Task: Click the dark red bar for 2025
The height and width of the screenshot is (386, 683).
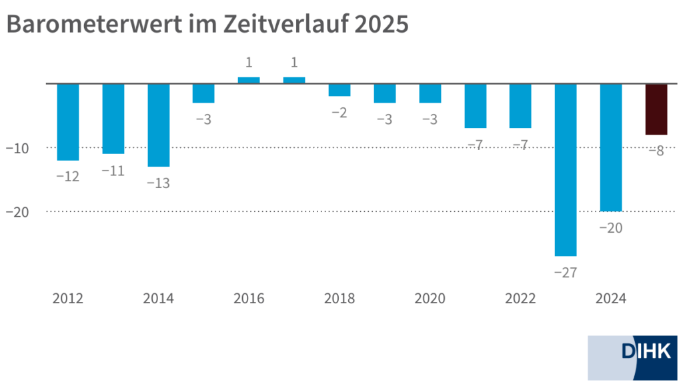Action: pos(656,109)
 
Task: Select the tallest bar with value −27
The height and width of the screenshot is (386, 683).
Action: pos(566,170)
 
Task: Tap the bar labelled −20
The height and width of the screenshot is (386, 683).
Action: pos(611,147)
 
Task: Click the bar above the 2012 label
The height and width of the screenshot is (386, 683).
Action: pos(68,122)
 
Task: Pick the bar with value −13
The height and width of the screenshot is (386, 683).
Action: pos(158,125)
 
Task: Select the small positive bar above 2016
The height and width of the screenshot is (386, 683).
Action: pos(249,80)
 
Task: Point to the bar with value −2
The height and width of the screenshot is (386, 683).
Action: pos(339,90)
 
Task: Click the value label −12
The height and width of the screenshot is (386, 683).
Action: pos(68,177)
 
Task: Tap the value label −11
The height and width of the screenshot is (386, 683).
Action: pos(113,171)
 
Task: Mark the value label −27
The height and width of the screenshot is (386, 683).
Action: pos(566,272)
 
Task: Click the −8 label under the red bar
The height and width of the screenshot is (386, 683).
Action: pos(656,151)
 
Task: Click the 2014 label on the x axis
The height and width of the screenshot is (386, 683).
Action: pos(158,298)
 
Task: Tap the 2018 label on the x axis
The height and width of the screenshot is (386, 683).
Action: pos(339,298)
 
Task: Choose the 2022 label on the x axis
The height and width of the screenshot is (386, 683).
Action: pos(520,298)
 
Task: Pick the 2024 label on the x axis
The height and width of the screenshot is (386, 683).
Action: pos(611,298)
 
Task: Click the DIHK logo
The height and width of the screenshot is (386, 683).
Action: pos(632,357)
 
